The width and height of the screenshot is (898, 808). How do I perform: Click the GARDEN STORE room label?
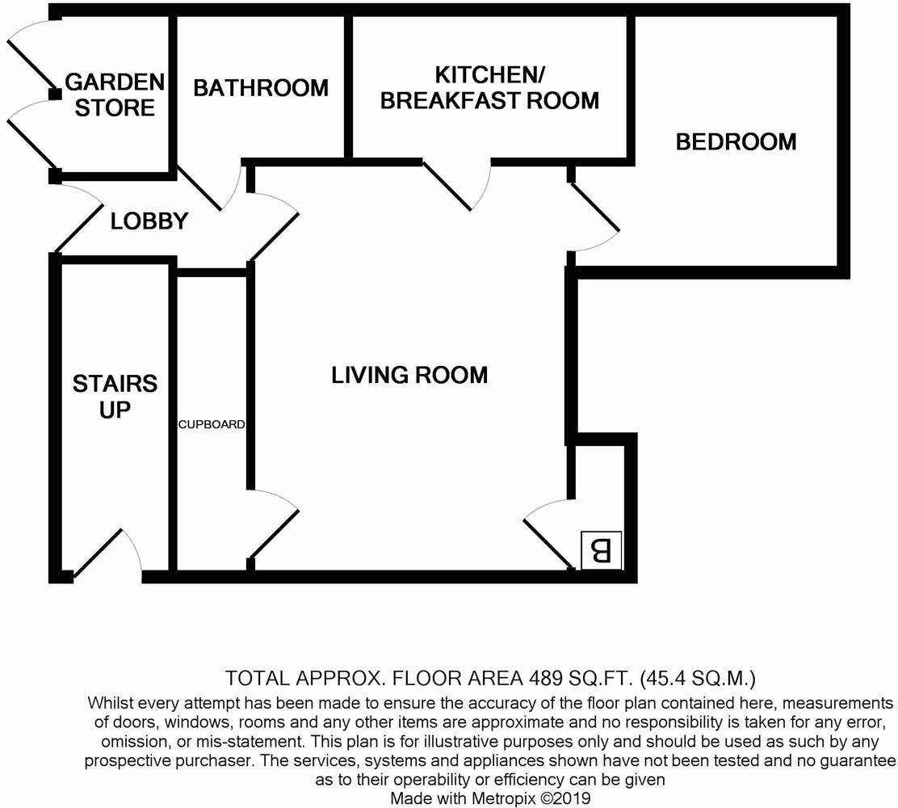pos(115,95)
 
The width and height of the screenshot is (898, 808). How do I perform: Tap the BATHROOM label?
pos(261,87)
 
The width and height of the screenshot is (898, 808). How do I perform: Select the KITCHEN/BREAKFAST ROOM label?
pos(489,87)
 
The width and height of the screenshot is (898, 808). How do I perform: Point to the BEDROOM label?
pos(736,142)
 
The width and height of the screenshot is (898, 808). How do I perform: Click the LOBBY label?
pos(149,221)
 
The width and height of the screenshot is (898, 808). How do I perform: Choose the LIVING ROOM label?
pos(409,375)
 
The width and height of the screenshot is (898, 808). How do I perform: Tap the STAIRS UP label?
pos(115,396)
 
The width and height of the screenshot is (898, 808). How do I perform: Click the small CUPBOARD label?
pos(212,424)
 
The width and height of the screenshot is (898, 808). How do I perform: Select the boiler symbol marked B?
pos(602,551)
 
